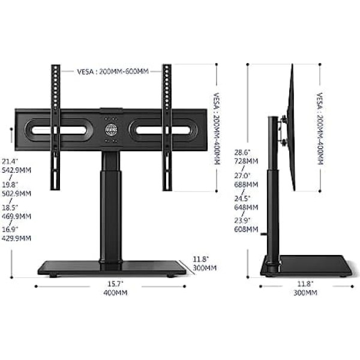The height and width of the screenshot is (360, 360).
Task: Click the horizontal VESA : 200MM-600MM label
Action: coord(113,71)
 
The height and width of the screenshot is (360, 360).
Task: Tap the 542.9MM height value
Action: coord(17,170)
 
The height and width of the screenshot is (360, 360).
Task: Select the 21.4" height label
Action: coord(10,161)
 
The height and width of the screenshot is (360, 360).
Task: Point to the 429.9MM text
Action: coord(17,238)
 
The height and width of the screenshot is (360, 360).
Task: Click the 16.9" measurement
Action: coord(10,229)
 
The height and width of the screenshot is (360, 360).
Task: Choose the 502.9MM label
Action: coord(17,193)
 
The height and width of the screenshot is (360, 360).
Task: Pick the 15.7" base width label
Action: coord(115,284)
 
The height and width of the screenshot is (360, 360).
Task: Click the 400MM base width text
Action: coord(115,293)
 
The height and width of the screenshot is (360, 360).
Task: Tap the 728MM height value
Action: coord(246,161)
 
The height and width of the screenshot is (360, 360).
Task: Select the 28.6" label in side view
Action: coord(242,152)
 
